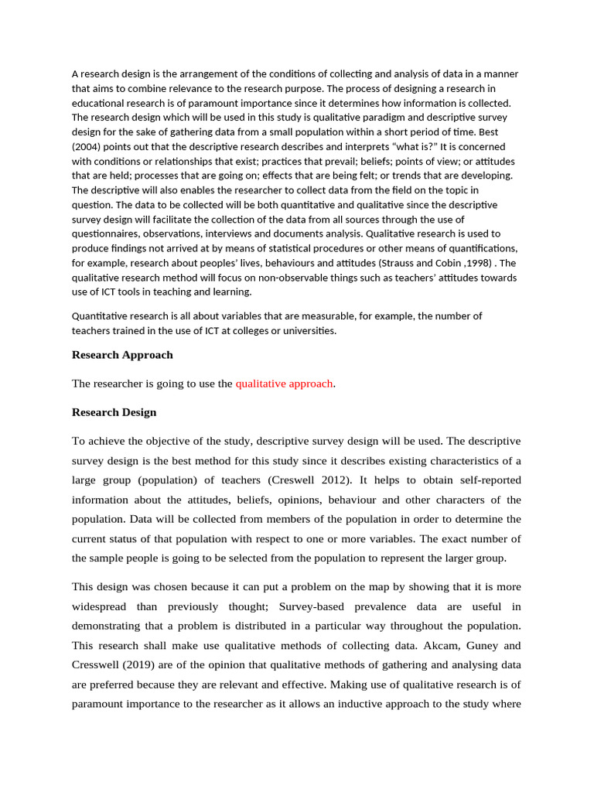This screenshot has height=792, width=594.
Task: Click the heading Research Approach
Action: click(122, 355)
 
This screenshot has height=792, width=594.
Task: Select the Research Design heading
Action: click(114, 412)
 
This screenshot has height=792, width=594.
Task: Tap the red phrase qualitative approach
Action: click(284, 384)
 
